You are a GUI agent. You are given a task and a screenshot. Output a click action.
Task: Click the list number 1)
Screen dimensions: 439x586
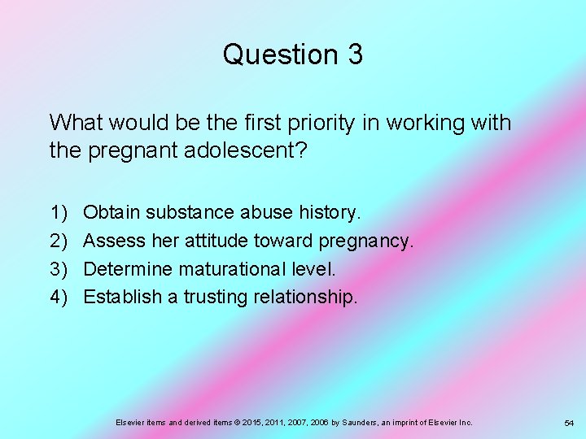59,213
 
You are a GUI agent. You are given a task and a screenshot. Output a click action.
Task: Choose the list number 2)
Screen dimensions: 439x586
59,241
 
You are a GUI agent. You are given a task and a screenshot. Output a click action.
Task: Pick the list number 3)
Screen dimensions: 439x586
59,268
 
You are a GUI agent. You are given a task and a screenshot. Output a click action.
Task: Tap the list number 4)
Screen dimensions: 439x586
59,297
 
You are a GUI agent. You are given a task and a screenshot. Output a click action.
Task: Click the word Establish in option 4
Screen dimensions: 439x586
123,297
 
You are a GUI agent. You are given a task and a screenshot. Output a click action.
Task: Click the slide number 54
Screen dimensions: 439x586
569,424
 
